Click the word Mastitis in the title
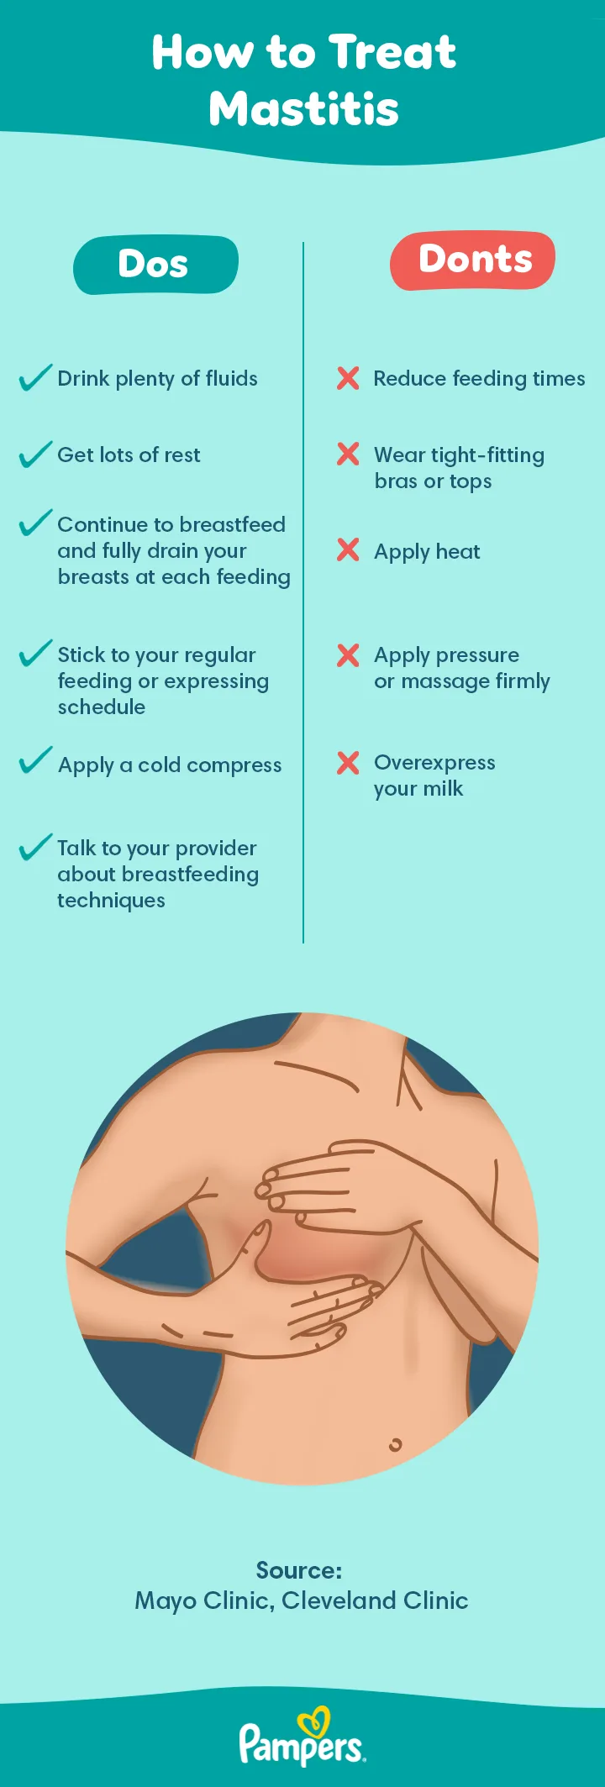[x=303, y=109]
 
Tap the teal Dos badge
[x=155, y=265]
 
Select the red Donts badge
[x=473, y=260]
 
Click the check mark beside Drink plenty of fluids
[x=35, y=378]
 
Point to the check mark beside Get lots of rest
[x=35, y=455]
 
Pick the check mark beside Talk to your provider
[x=35, y=847]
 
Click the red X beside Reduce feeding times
[x=348, y=378]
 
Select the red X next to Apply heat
[x=348, y=550]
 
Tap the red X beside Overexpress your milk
[x=348, y=763]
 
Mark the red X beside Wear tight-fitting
[x=348, y=455]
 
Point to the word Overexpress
[x=434, y=763]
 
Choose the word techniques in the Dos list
[x=111, y=901]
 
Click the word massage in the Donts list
[x=445, y=681]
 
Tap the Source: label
[x=299, y=1570]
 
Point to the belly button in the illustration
[x=395, y=1445]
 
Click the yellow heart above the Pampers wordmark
[x=314, y=1721]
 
